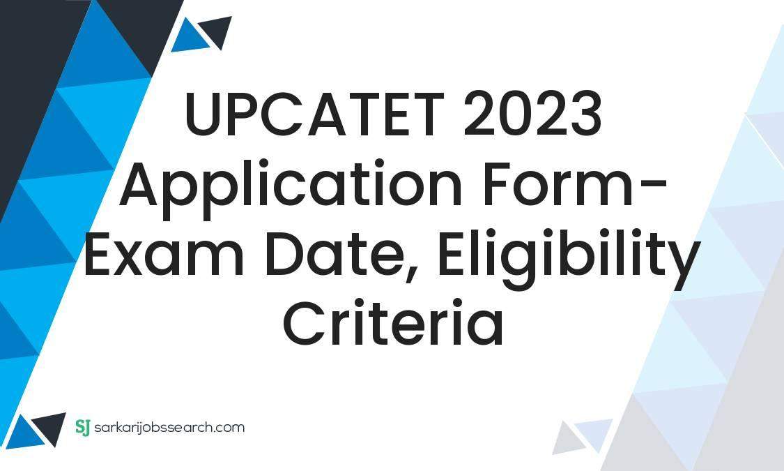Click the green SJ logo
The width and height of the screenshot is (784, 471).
click(82, 427)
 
